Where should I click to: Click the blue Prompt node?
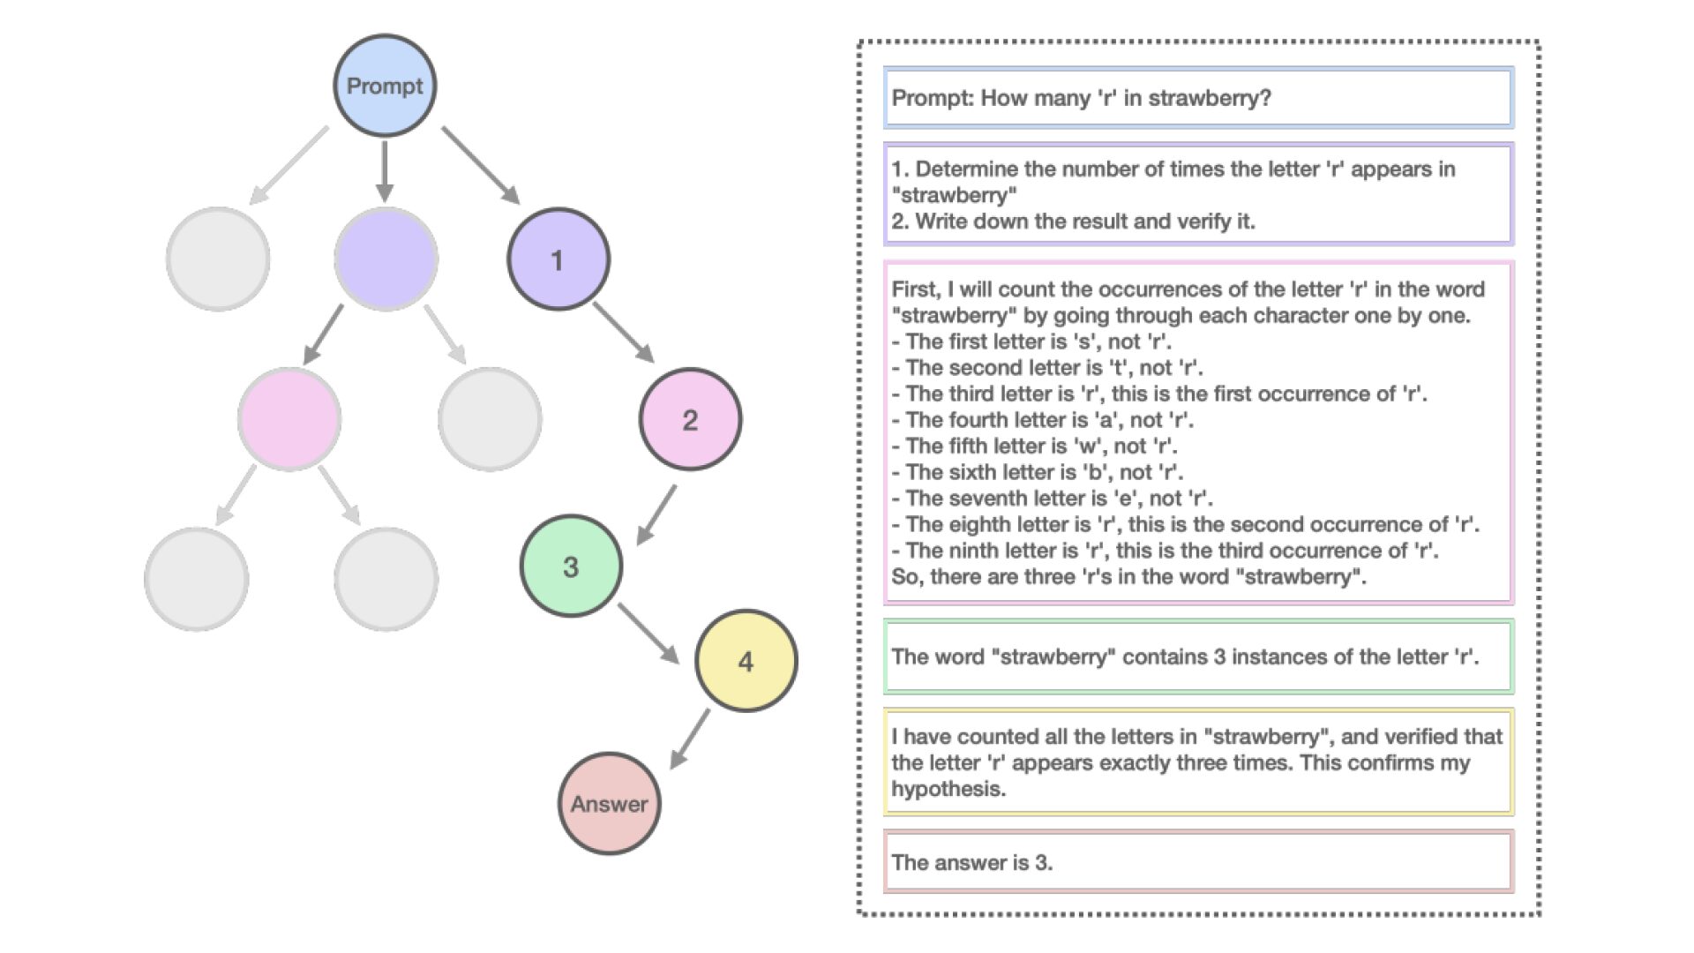[385, 86]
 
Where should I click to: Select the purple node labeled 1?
[558, 259]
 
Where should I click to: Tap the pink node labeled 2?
[690, 419]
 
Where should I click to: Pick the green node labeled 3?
[571, 566]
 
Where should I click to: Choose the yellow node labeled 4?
[746, 660]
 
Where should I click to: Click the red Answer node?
[609, 803]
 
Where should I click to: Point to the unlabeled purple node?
[386, 259]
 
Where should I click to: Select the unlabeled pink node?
[289, 419]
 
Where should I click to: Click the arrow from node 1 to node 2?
[623, 332]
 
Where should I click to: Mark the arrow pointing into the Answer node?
[690, 738]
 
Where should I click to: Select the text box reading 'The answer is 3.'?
[1198, 861]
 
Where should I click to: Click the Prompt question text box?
[1198, 97]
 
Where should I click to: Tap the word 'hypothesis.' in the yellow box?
[948, 789]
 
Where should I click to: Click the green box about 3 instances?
[1198, 657]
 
